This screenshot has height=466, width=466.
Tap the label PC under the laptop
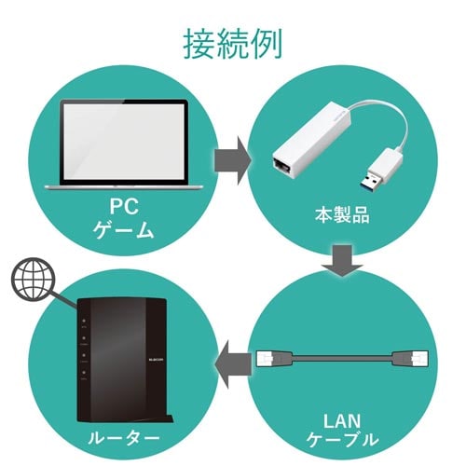pos(123,204)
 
